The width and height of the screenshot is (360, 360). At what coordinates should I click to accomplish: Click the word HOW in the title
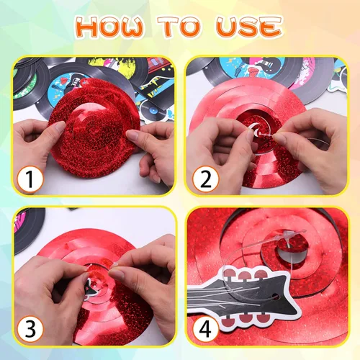pos(111,27)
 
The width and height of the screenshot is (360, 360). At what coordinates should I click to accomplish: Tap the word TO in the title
pos(179,27)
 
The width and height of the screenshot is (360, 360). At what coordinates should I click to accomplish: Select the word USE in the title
pos(249,27)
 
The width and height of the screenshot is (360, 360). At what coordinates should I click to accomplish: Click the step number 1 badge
pos(30,179)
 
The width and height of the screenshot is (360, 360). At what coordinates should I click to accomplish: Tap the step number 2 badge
pos(205,179)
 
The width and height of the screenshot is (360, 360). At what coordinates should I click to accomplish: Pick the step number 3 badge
pos(30,329)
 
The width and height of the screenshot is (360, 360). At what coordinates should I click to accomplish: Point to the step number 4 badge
pos(205,329)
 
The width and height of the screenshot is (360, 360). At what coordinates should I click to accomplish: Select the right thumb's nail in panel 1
pos(132,135)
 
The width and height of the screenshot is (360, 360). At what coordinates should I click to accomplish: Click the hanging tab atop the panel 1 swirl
pos(84,82)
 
